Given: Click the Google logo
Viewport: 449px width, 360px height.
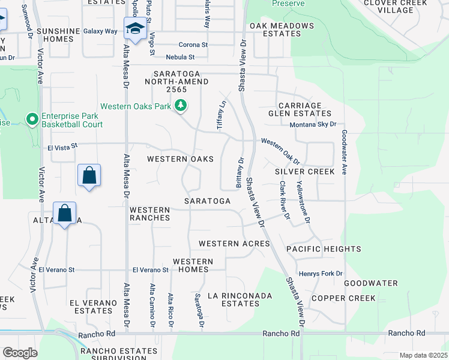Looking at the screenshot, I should pyautogui.click(x=20, y=353).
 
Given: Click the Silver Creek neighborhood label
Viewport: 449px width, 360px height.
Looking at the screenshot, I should pyautogui.click(x=304, y=172).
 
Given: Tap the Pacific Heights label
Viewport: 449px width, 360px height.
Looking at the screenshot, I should pyautogui.click(x=324, y=249).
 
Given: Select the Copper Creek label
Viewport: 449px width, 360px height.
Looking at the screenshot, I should pyautogui.click(x=343, y=298).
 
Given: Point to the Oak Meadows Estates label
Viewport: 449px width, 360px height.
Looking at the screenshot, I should pyautogui.click(x=282, y=30).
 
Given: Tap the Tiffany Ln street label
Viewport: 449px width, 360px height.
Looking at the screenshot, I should pyautogui.click(x=220, y=114).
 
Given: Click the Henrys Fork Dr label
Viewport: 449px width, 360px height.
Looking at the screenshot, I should pyautogui.click(x=320, y=274).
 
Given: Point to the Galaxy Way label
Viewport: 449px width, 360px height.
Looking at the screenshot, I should pyautogui.click(x=100, y=31).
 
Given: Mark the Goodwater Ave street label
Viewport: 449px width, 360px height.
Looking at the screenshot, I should pyautogui.click(x=345, y=152).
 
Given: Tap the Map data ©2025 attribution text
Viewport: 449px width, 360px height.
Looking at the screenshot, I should pyautogui.click(x=423, y=355).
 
